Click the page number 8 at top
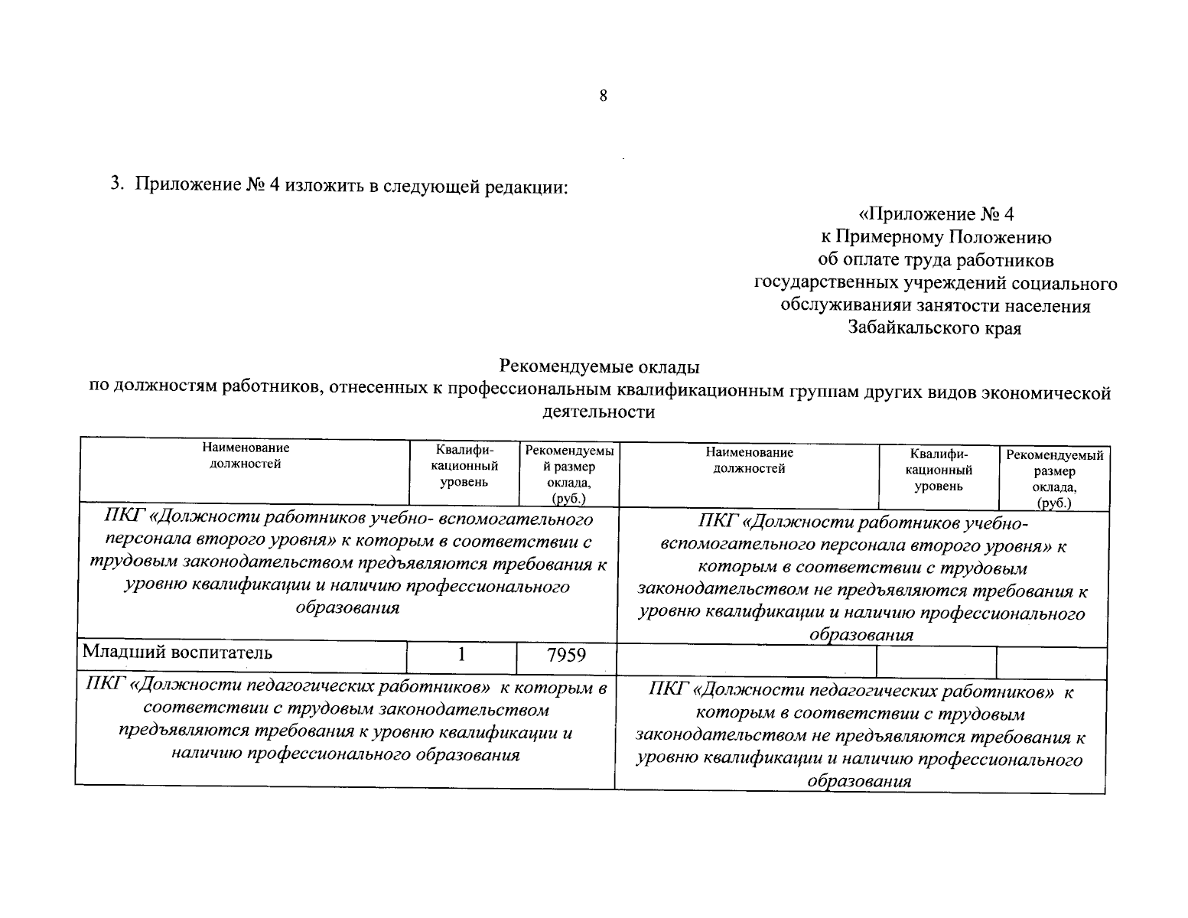click(x=603, y=96)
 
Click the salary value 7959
click(x=566, y=656)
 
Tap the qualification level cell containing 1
click(x=461, y=655)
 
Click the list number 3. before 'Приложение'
click(x=117, y=184)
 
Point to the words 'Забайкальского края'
click(x=935, y=329)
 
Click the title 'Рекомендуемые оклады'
click(x=599, y=367)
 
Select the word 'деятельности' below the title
click(x=599, y=412)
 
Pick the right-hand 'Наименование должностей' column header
click(x=749, y=461)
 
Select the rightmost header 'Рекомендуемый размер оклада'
click(x=1054, y=479)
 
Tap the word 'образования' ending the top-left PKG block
click(x=347, y=609)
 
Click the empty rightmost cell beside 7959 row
click(x=1051, y=662)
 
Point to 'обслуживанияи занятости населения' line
click(x=935, y=306)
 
